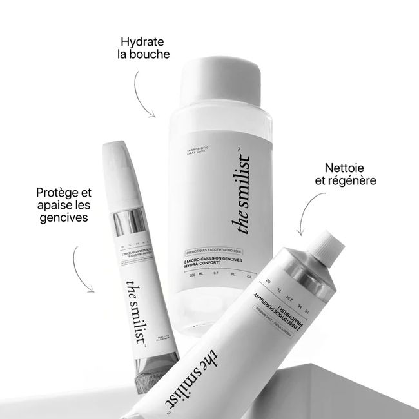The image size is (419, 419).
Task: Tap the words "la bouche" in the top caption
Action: click(139, 54)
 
